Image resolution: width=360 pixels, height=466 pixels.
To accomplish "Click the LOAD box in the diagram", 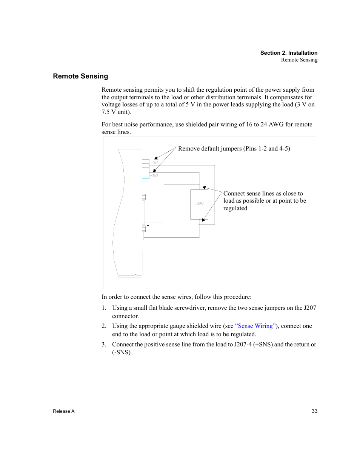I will (199, 204).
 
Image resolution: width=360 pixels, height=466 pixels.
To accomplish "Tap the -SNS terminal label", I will (155, 163).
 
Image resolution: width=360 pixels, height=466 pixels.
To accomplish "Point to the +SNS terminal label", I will (154, 176).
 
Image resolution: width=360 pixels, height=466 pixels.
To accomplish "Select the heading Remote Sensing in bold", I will (80, 76).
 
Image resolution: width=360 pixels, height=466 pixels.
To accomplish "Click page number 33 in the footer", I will (314, 411).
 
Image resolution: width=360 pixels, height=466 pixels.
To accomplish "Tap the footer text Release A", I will (64, 411).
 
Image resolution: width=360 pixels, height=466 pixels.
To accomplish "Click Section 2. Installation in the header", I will (289, 53).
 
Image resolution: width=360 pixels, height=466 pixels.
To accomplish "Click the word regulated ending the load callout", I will (235, 208).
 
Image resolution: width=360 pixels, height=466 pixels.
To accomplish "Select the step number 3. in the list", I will (104, 345).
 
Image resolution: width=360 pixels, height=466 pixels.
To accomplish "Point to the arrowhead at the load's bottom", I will (204, 220).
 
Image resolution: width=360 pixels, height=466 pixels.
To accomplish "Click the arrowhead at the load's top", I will (204, 188).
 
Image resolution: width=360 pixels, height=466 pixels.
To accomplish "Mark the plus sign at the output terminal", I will (148, 225).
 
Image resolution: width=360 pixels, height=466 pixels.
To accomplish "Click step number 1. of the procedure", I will (104, 308).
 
